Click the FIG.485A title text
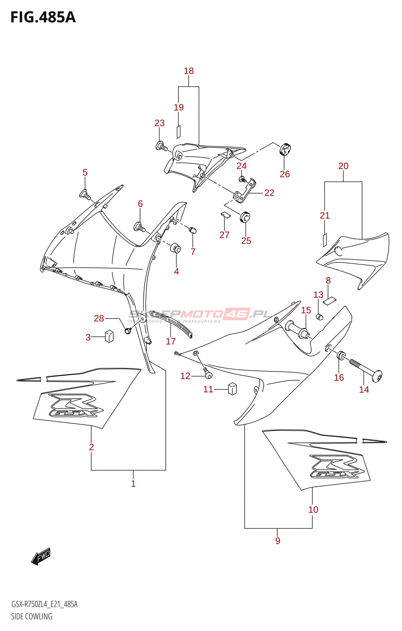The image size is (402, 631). click(x=43, y=18)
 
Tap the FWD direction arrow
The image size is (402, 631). click(x=41, y=556)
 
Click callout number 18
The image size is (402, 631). click(x=189, y=71)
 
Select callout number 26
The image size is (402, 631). click(x=285, y=174)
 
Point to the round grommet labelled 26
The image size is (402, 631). click(x=285, y=149)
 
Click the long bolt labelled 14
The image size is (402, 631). click(x=366, y=369)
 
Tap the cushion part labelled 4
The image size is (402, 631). click(x=175, y=249)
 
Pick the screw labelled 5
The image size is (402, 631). click(x=86, y=194)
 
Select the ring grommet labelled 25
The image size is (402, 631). click(x=245, y=217)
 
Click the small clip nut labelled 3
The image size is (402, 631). click(x=109, y=336)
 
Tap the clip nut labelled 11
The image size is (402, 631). click(x=233, y=388)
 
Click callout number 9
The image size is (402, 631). click(x=278, y=541)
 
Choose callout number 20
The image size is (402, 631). click(x=343, y=166)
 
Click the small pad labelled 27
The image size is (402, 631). click(x=225, y=215)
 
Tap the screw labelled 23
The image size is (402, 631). click(x=162, y=147)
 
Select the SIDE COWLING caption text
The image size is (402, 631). click(x=32, y=616)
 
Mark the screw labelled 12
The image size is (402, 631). click(x=208, y=373)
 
